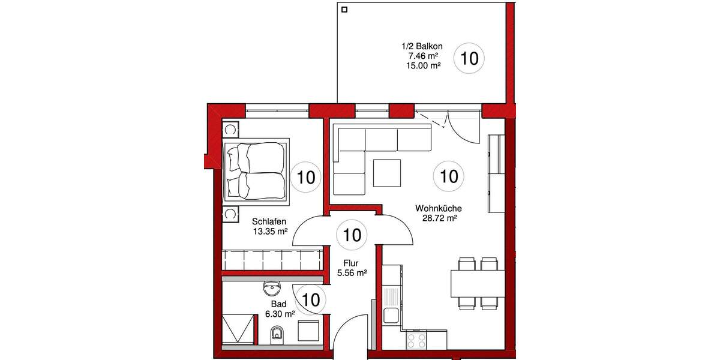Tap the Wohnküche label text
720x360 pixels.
(x=438, y=208)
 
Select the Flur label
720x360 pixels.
(x=351, y=263)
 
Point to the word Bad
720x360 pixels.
(x=278, y=304)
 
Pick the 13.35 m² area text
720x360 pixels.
(x=269, y=231)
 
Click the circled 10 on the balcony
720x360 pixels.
(x=470, y=58)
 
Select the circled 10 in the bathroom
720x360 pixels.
(x=310, y=298)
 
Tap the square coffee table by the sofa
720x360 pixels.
(x=388, y=173)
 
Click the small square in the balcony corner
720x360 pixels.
(x=344, y=9)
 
